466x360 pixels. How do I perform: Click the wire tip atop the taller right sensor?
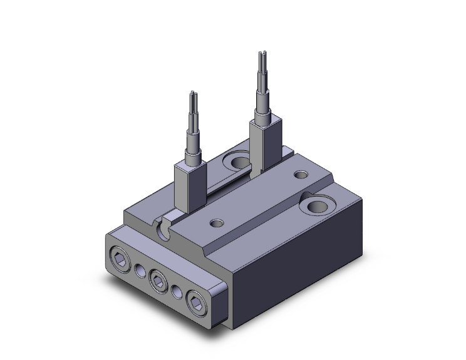(x=261, y=54)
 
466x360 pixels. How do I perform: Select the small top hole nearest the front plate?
(x=217, y=222)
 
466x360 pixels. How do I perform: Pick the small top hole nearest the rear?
(x=301, y=175)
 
